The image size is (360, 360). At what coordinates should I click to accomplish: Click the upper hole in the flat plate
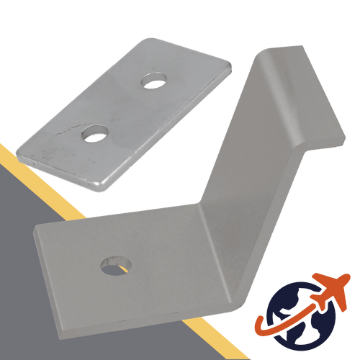[152, 80]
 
